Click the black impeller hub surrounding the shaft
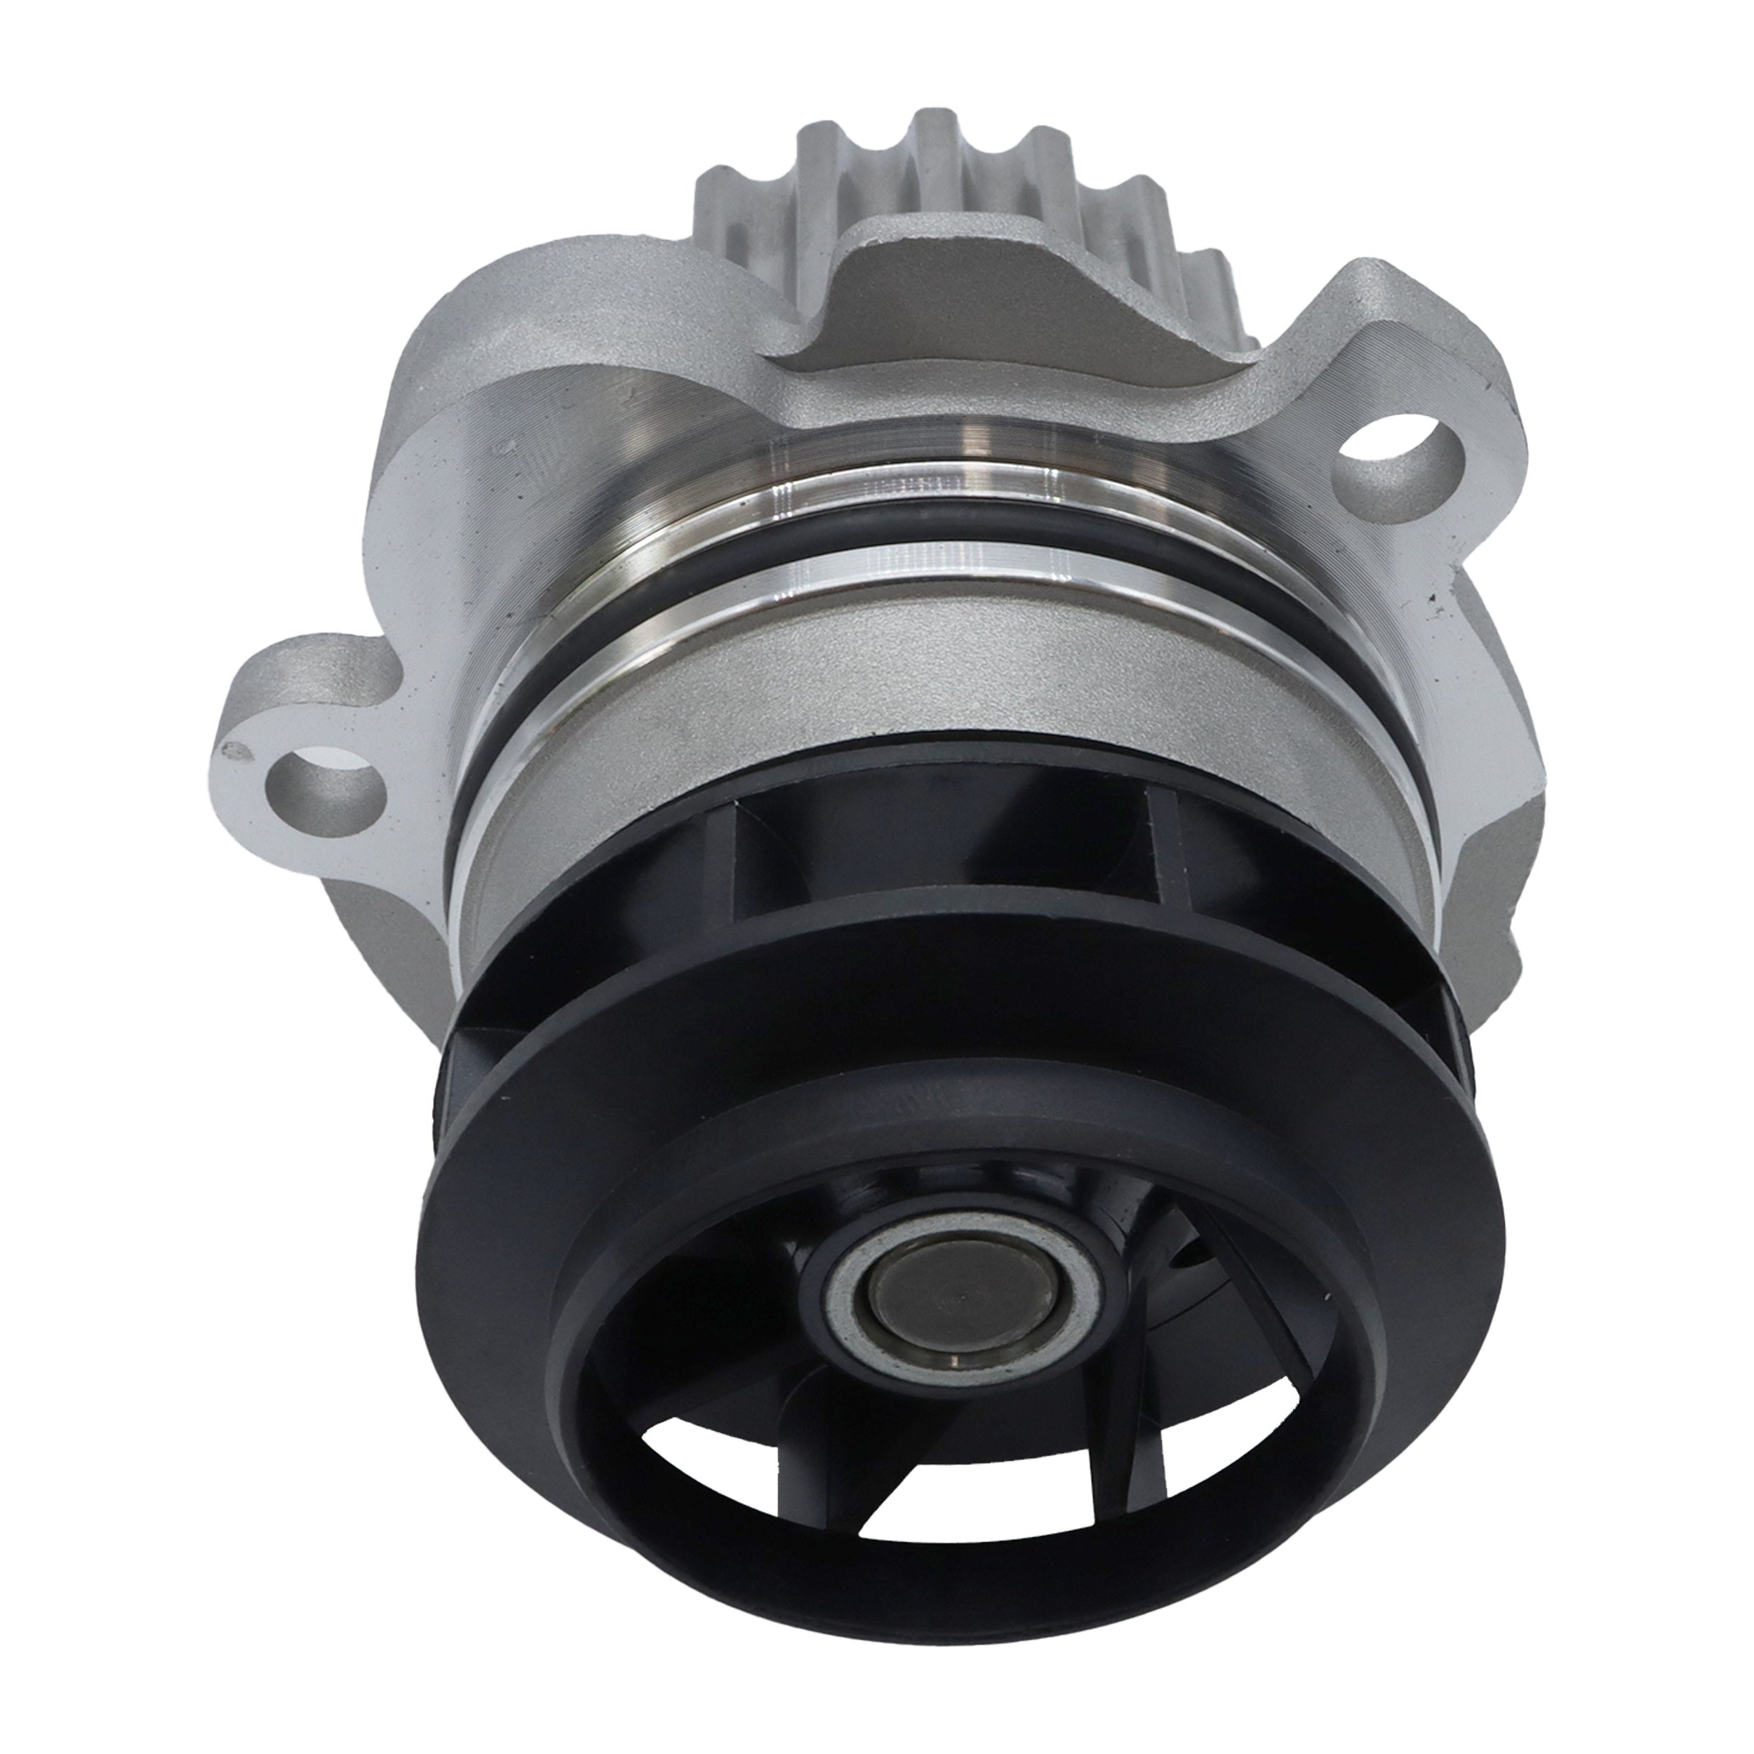click(x=817, y=1271)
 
